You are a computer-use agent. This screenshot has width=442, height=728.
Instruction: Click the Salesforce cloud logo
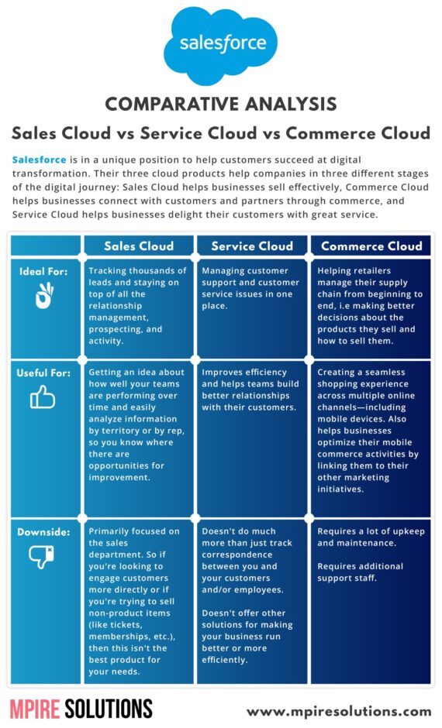tap(221, 45)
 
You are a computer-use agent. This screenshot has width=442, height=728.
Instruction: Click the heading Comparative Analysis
tap(221, 104)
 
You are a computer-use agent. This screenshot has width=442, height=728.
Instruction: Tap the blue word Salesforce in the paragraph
tap(39, 160)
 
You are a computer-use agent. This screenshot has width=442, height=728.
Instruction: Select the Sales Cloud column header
tap(139, 246)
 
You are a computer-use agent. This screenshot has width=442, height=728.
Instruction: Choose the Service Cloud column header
tap(252, 246)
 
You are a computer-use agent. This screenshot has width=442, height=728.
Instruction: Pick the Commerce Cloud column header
tap(371, 246)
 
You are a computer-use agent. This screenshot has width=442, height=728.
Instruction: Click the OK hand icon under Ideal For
tap(45, 296)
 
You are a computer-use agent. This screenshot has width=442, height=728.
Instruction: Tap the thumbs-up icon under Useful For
tap(43, 397)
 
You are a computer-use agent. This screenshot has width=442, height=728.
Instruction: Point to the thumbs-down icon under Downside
tap(41, 557)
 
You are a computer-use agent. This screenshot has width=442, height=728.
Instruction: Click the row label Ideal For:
tap(43, 271)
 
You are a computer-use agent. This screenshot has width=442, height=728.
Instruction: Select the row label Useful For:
tap(43, 373)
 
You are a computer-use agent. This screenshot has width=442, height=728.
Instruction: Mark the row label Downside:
tap(43, 531)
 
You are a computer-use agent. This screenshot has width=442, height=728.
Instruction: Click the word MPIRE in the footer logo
tap(35, 709)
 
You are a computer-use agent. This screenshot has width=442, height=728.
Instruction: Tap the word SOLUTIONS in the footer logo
tap(109, 709)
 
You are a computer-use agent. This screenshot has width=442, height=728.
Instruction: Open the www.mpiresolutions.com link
tap(339, 711)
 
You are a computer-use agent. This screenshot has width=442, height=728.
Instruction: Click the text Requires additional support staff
tap(361, 572)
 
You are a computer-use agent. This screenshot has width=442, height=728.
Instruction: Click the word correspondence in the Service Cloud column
tap(237, 555)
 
